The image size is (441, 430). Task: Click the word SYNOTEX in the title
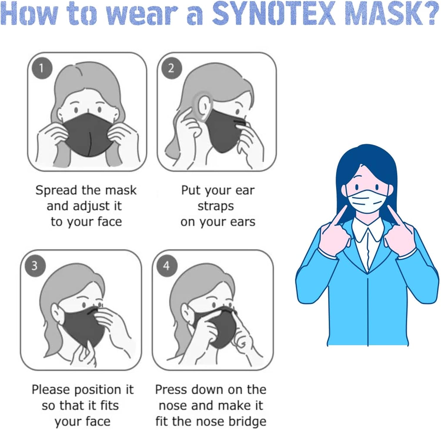pos(274,14)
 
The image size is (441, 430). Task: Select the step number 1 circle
pos(42,68)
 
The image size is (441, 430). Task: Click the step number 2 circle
pos(171,68)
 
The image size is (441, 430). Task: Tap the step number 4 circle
pos(167,265)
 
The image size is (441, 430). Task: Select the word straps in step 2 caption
pos(216,207)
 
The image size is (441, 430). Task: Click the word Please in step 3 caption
pos(51,390)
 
